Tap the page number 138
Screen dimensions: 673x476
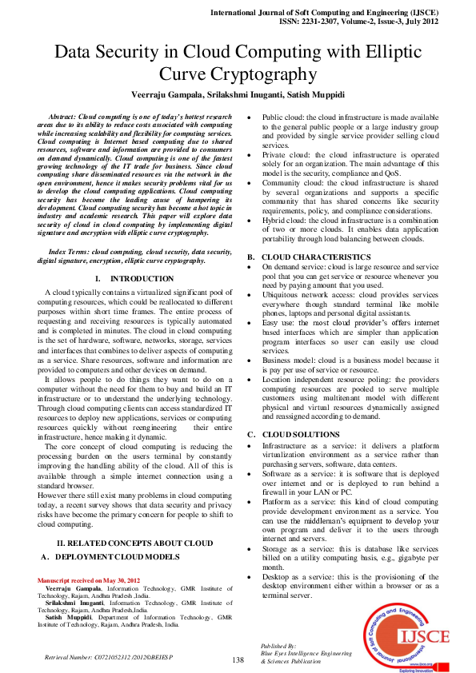(x=238, y=659)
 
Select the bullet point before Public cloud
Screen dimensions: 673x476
(x=251, y=116)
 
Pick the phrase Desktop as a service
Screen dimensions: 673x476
(x=300, y=576)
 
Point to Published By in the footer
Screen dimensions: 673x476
(x=278, y=645)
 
